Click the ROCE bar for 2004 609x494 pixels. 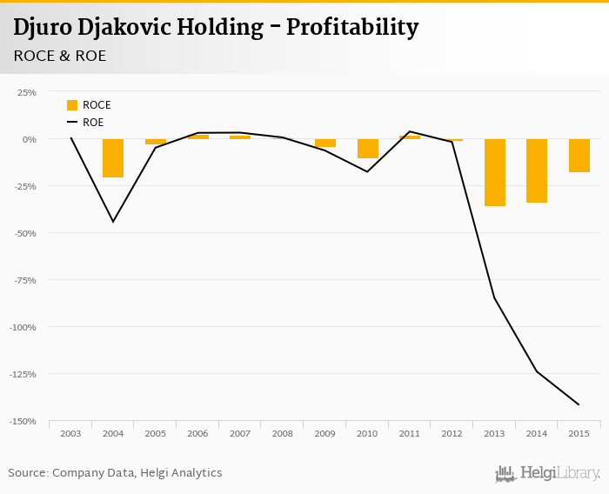(x=113, y=158)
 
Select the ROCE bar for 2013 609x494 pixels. (x=495, y=172)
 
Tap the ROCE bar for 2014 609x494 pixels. (x=537, y=170)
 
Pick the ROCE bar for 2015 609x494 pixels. (x=579, y=156)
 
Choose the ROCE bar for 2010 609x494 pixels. (x=368, y=149)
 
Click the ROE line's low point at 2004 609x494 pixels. (x=113, y=222)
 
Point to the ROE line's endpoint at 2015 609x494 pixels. (x=579, y=404)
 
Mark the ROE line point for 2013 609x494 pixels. (x=495, y=298)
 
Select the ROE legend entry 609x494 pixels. (x=86, y=123)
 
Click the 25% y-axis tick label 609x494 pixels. (x=27, y=92)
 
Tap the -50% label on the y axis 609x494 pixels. (x=24, y=233)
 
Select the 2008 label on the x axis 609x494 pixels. (x=283, y=433)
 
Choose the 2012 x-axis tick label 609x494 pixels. (x=452, y=433)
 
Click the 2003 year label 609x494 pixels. (x=70, y=433)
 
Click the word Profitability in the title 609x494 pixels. (x=352, y=28)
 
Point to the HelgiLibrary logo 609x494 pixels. (x=547, y=474)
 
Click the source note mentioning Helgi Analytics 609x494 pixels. (x=115, y=473)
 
